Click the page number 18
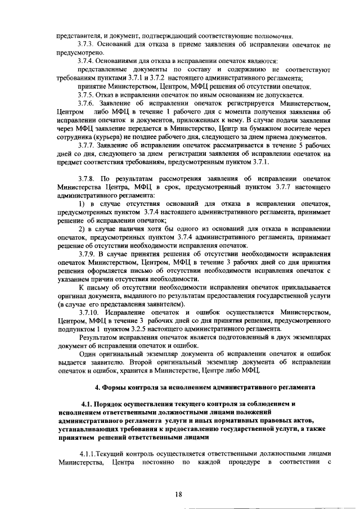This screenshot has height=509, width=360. (x=178, y=494)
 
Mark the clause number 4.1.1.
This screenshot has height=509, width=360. (x=91, y=453)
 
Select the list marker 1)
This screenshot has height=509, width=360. (x=82, y=203)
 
